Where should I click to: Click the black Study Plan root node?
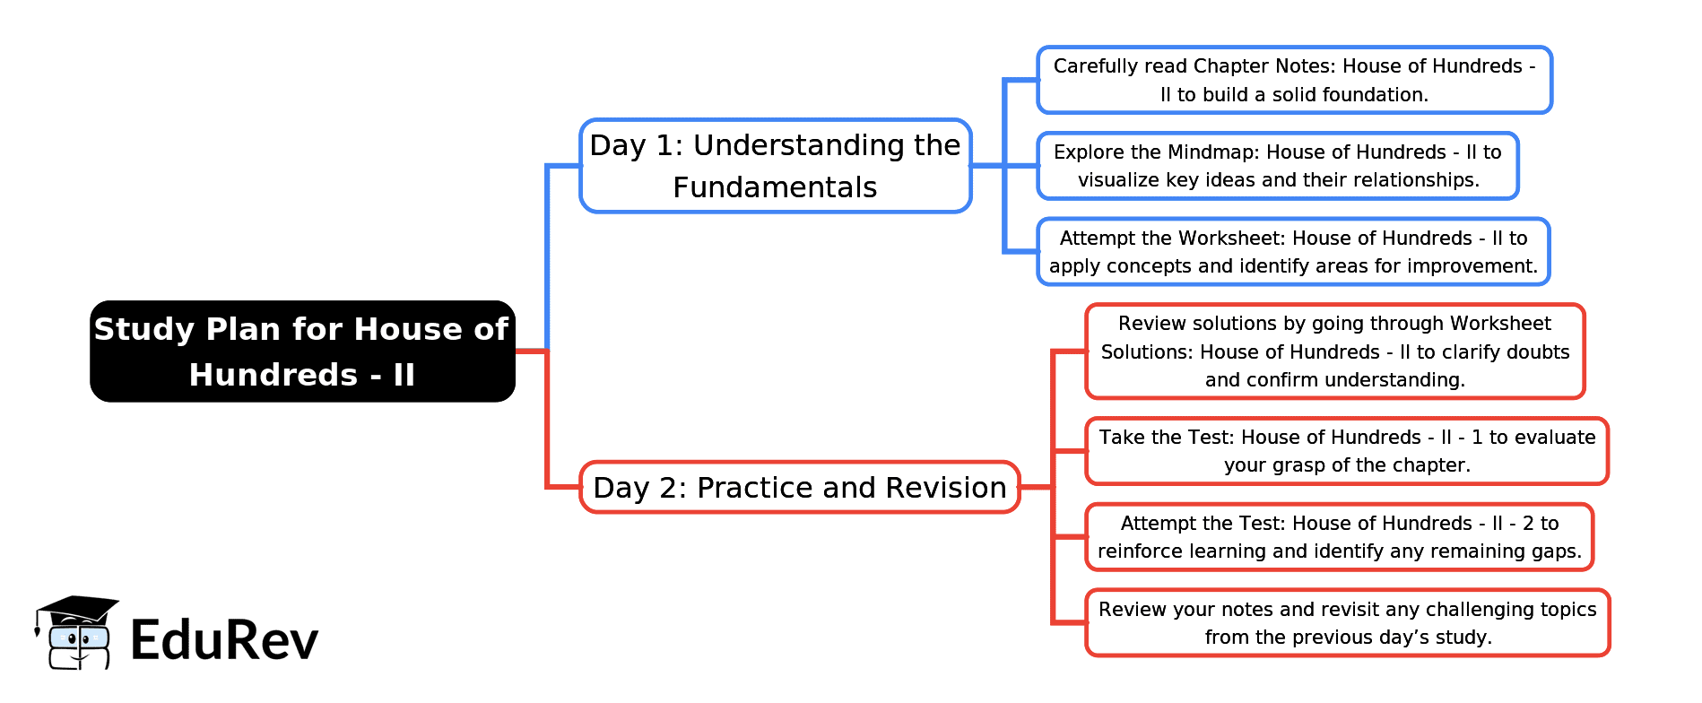pyautogui.click(x=302, y=351)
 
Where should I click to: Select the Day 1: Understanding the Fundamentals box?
pyautogui.click(x=776, y=166)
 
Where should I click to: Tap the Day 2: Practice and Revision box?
pyautogui.click(x=800, y=487)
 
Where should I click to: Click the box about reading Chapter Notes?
pyautogui.click(x=1294, y=80)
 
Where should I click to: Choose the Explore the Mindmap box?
pyautogui.click(x=1278, y=166)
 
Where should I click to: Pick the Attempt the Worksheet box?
pyautogui.click(x=1293, y=252)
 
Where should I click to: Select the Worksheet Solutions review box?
pyautogui.click(x=1335, y=351)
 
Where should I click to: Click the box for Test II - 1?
pyautogui.click(x=1347, y=451)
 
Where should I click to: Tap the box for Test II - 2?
pyautogui.click(x=1340, y=537)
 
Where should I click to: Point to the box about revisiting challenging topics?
pyautogui.click(x=1348, y=623)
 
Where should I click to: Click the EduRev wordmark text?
pyautogui.click(x=224, y=640)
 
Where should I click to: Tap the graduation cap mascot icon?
pyautogui.click(x=75, y=632)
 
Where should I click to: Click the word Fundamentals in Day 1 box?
pyautogui.click(x=775, y=187)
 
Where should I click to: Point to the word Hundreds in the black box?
pyautogui.click(x=274, y=375)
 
